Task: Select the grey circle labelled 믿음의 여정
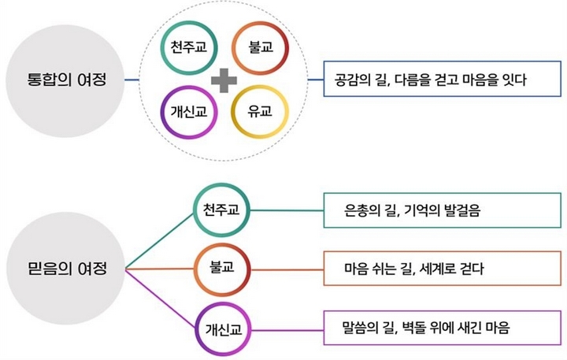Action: pos(66,268)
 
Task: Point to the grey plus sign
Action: pos(224,80)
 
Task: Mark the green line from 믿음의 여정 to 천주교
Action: pos(160,241)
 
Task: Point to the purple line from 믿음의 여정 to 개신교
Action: pos(161,298)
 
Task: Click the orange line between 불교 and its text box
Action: pos(287,269)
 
